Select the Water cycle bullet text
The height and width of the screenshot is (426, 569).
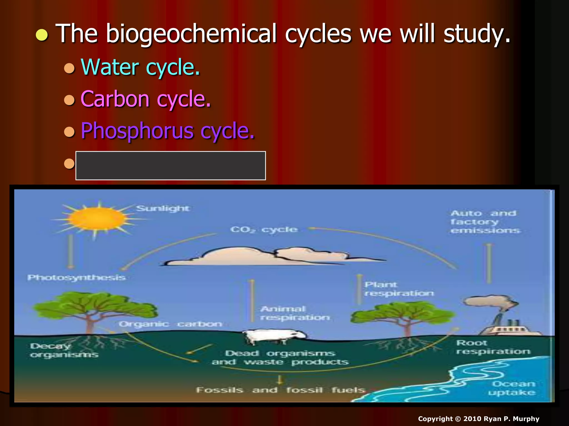tap(140, 67)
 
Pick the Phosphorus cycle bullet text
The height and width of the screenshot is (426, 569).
tap(167, 131)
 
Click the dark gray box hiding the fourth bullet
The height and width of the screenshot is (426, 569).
tap(171, 166)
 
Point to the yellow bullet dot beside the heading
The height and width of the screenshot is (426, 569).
tap(42, 35)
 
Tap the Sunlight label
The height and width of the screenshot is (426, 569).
tap(163, 208)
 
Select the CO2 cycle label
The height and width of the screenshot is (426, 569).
tap(264, 230)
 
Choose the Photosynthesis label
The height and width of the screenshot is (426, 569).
tap(76, 277)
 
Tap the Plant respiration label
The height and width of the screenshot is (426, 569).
tap(399, 289)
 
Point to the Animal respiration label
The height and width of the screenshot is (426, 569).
tap(295, 313)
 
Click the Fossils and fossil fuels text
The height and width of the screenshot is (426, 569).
tap(281, 390)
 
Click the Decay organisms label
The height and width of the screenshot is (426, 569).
tap(64, 350)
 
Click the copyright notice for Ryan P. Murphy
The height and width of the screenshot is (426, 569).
tap(478, 419)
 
